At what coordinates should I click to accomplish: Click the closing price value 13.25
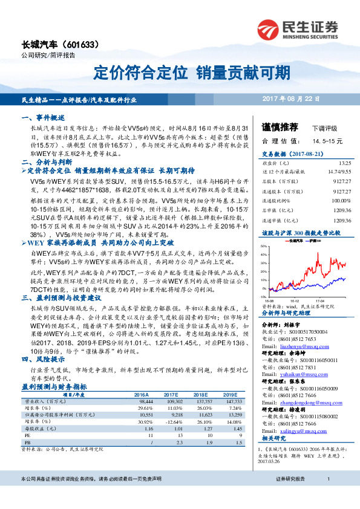coord(345,163)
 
